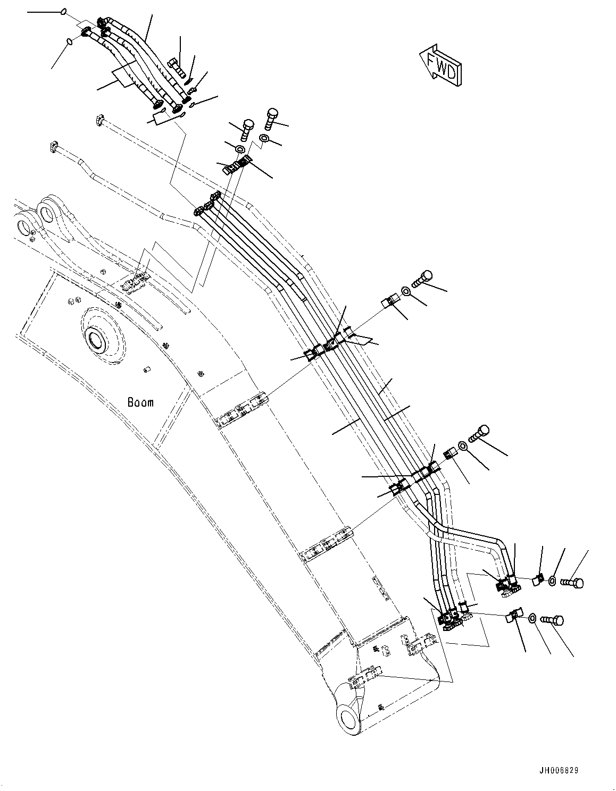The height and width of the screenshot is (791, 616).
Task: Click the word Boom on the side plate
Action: pyautogui.click(x=140, y=402)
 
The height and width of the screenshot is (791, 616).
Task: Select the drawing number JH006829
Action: pyautogui.click(x=558, y=770)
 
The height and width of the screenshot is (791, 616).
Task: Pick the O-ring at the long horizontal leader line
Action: pyautogui.click(x=64, y=11)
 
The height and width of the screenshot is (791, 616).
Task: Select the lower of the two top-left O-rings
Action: pyautogui.click(x=69, y=42)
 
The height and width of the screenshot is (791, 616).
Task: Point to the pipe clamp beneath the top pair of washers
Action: pyautogui.click(x=235, y=166)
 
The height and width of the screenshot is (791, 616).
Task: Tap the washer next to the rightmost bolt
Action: pyautogui.click(x=553, y=582)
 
